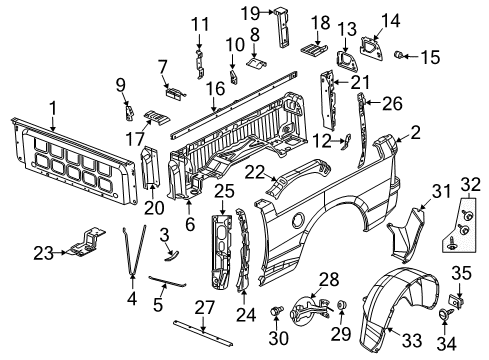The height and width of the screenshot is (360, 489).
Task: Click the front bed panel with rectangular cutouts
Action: click(75, 157)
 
